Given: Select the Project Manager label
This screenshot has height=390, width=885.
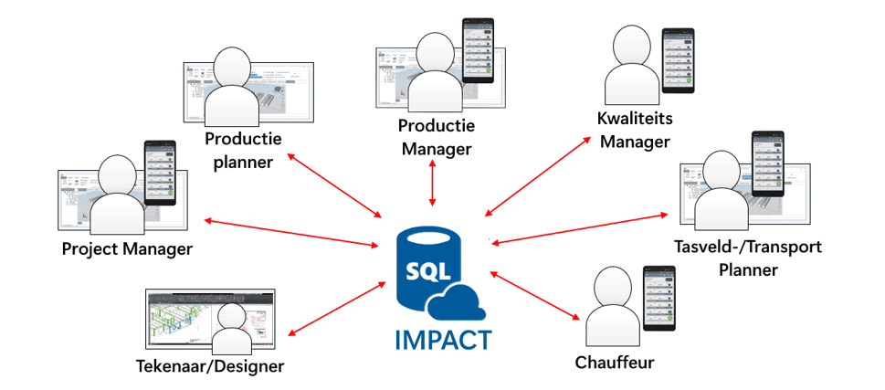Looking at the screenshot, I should (127, 248).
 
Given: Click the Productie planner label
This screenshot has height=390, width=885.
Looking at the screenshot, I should (243, 150).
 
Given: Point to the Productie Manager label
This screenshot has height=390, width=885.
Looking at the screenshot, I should (435, 136).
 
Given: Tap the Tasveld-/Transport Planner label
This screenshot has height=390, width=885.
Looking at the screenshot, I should (748, 258).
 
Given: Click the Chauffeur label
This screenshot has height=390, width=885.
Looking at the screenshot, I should (615, 362).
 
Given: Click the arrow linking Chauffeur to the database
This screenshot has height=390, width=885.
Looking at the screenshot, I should (535, 293).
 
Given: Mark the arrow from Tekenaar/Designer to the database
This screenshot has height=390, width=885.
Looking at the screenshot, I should (337, 307).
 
